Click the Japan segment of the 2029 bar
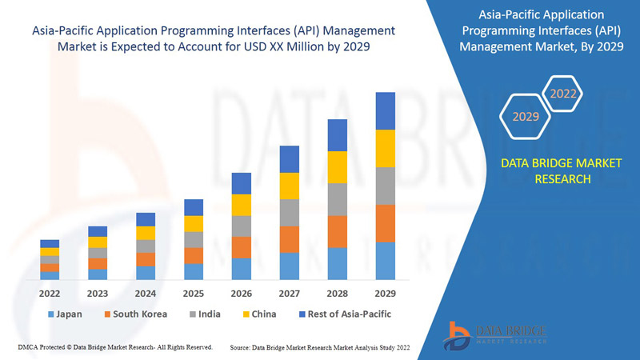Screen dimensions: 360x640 [x=386, y=261]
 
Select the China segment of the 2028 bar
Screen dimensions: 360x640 [x=338, y=166]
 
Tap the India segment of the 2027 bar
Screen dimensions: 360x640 [x=290, y=212]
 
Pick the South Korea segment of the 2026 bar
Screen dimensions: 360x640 [x=242, y=247]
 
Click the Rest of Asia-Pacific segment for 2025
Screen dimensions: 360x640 [x=194, y=207]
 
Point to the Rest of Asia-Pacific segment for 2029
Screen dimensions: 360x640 [x=386, y=110]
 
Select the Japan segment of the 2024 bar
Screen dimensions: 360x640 [x=146, y=273]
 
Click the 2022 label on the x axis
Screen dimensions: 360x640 [x=50, y=293]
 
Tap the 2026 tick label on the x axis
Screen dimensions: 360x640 [x=242, y=293]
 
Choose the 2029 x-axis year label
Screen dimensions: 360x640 [x=386, y=293]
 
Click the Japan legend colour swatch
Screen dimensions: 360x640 [x=51, y=314]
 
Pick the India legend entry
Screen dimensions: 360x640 [x=206, y=314]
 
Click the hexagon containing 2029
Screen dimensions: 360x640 [x=526, y=117]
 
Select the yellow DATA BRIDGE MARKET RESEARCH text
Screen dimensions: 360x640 [x=549, y=171]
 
